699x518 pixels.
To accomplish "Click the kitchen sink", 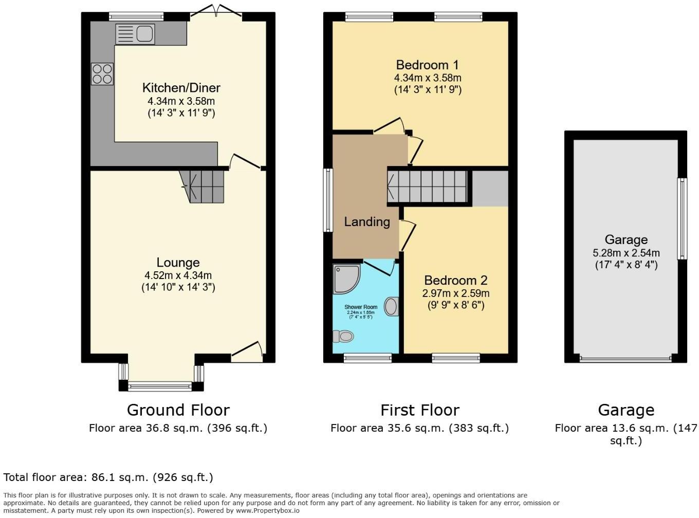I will [135, 34].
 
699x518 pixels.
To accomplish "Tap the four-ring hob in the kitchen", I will [102, 73].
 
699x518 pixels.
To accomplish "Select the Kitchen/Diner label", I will [181, 87].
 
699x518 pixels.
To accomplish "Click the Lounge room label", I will [178, 263].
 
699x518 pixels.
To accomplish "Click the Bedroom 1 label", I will [427, 65].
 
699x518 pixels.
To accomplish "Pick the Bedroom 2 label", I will [455, 281].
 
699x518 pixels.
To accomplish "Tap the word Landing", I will [366, 222].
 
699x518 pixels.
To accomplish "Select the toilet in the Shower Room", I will [344, 337].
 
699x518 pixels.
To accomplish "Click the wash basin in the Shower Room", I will [391, 307].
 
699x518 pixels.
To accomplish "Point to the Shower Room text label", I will [361, 307].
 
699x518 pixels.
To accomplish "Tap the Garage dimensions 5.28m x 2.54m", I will [626, 253].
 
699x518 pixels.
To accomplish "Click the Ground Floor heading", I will [178, 410].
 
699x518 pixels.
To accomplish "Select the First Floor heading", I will [419, 410].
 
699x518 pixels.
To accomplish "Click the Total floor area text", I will [108, 477].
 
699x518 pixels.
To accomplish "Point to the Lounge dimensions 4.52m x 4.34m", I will [178, 275].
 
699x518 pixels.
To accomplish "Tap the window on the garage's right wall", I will [682, 218].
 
